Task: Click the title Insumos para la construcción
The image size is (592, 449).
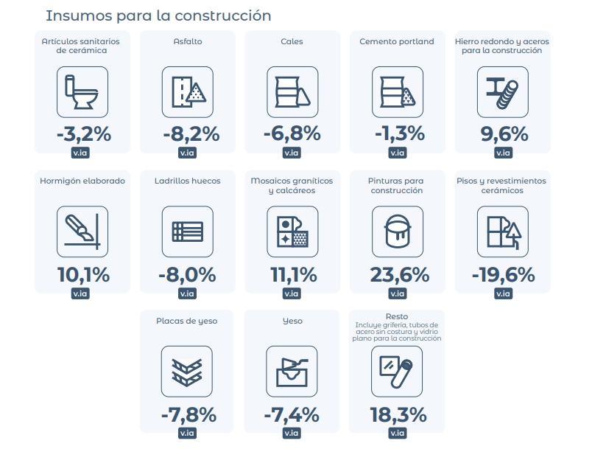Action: coord(158,16)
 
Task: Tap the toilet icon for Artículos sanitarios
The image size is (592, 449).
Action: coord(82,92)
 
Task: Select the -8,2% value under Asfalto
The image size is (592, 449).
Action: coord(191,133)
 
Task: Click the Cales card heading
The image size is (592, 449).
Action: coord(292,41)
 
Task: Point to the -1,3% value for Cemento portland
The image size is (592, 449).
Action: coord(400,133)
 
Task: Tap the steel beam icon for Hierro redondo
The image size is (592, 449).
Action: coord(502,92)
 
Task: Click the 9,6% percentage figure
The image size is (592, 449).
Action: coord(504,133)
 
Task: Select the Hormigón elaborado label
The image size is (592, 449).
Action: coord(82,181)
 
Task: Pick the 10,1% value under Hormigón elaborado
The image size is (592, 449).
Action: coord(83,275)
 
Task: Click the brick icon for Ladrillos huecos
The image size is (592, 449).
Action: coord(188,232)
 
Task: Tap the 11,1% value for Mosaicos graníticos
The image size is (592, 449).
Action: coord(294,275)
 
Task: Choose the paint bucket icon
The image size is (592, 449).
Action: coord(398,232)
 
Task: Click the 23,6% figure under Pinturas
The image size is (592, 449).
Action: coord(399,275)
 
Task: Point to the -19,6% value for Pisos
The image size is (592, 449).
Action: coord(504,275)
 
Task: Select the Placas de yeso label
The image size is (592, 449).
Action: coord(187,321)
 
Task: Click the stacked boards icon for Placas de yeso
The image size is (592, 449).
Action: coord(187,372)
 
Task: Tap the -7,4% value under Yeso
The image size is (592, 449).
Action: coord(292,414)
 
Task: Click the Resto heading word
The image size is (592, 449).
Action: coord(397,316)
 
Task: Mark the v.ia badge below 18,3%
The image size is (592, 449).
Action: coord(398,433)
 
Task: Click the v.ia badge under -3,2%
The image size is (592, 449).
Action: coord(80,153)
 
